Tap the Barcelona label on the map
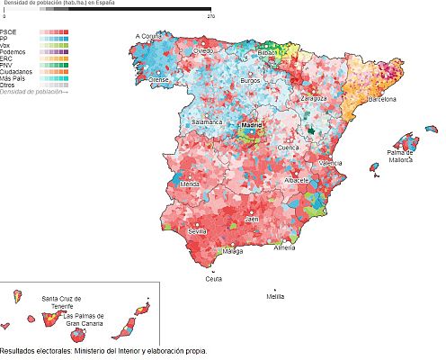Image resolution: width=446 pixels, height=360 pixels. (x=381, y=99)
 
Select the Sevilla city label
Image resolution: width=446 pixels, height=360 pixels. (x=198, y=231)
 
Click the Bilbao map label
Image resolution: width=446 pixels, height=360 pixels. (x=268, y=53)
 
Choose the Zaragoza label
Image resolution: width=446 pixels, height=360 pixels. (x=314, y=97)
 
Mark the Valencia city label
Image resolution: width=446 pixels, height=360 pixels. (x=330, y=163)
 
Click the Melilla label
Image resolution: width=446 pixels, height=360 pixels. (x=275, y=295)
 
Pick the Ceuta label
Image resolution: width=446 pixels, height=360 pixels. (x=213, y=278)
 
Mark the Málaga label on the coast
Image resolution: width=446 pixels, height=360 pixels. (x=233, y=252)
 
